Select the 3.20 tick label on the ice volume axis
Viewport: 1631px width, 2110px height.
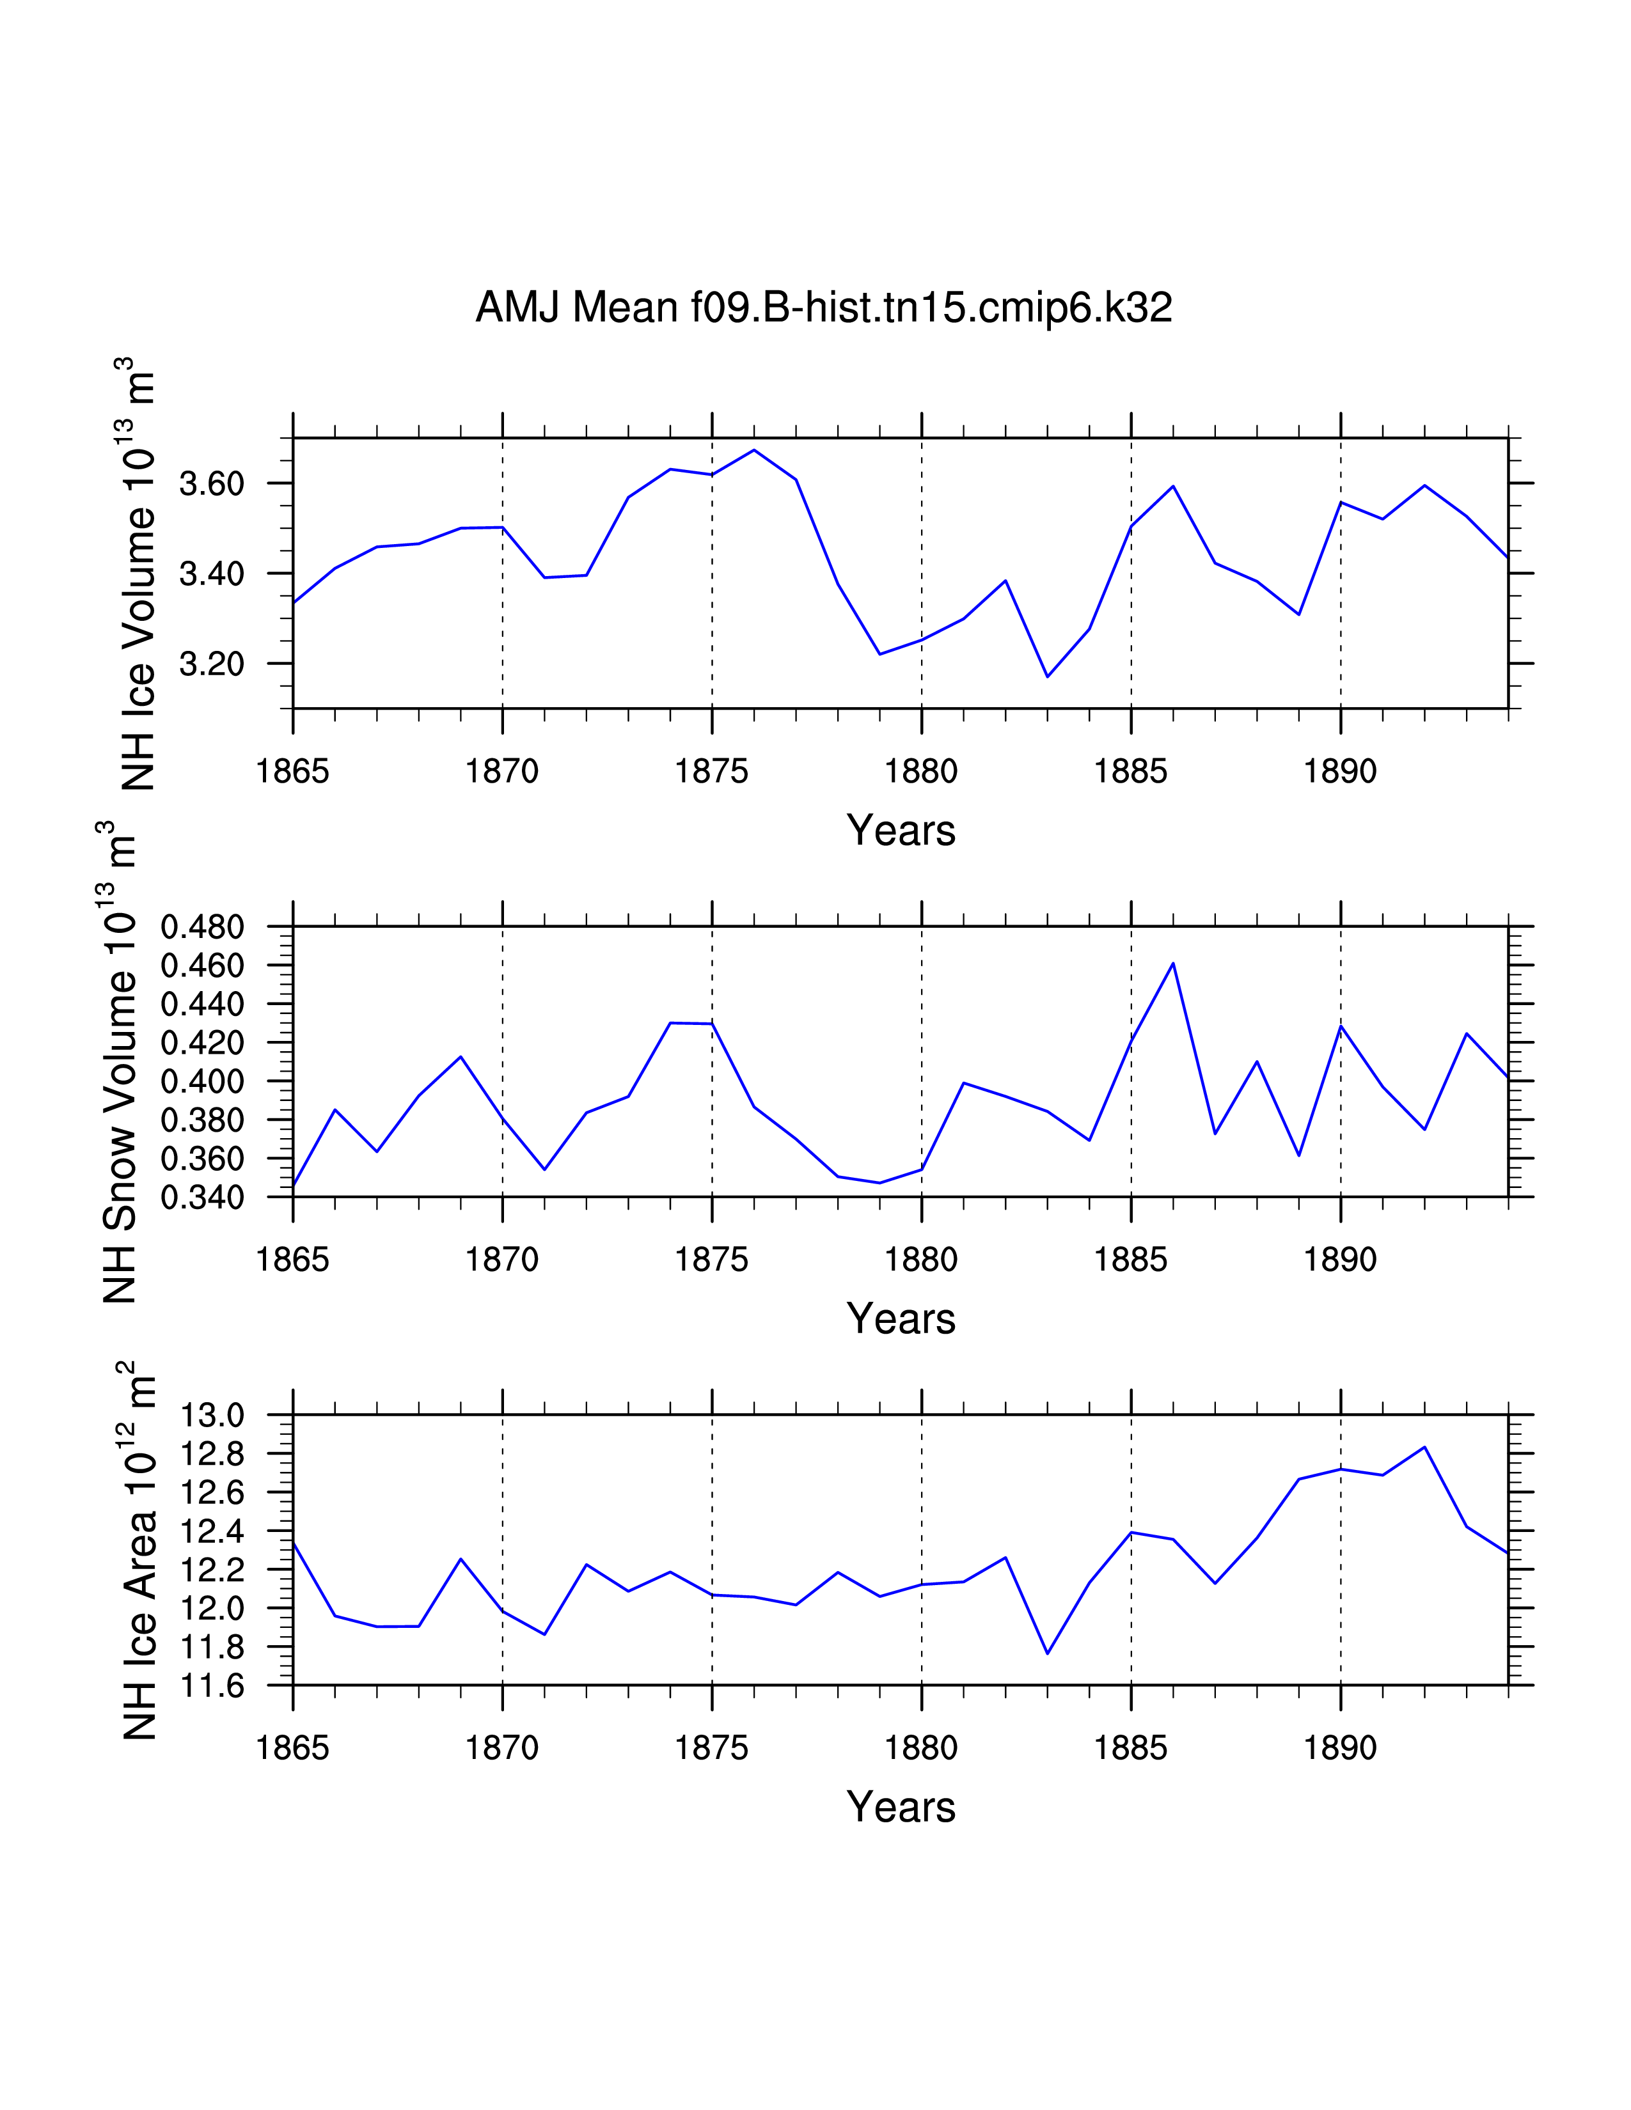[x=212, y=665]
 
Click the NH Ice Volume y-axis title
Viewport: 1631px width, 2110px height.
[x=138, y=574]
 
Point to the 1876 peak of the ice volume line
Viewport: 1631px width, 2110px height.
[x=753, y=450]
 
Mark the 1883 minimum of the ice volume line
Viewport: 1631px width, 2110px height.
[x=1048, y=676]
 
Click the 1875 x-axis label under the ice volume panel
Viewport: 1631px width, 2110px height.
[x=711, y=772]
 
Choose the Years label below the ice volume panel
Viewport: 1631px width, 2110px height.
[x=901, y=831]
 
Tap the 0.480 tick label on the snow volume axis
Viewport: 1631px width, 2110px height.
[x=202, y=928]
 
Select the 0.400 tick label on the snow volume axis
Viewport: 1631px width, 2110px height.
[x=202, y=1082]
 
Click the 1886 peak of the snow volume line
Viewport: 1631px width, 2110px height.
[x=1173, y=963]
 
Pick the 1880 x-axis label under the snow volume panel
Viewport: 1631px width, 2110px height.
[x=921, y=1260]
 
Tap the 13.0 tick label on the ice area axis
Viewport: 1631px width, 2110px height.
[x=212, y=1416]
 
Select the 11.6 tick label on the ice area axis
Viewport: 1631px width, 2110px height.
[x=212, y=1686]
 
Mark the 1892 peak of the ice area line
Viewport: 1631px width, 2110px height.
[x=1424, y=1447]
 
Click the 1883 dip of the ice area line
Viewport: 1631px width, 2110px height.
[x=1048, y=1653]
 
